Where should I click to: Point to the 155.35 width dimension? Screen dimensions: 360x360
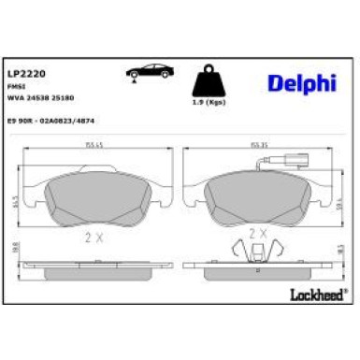[258, 145]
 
